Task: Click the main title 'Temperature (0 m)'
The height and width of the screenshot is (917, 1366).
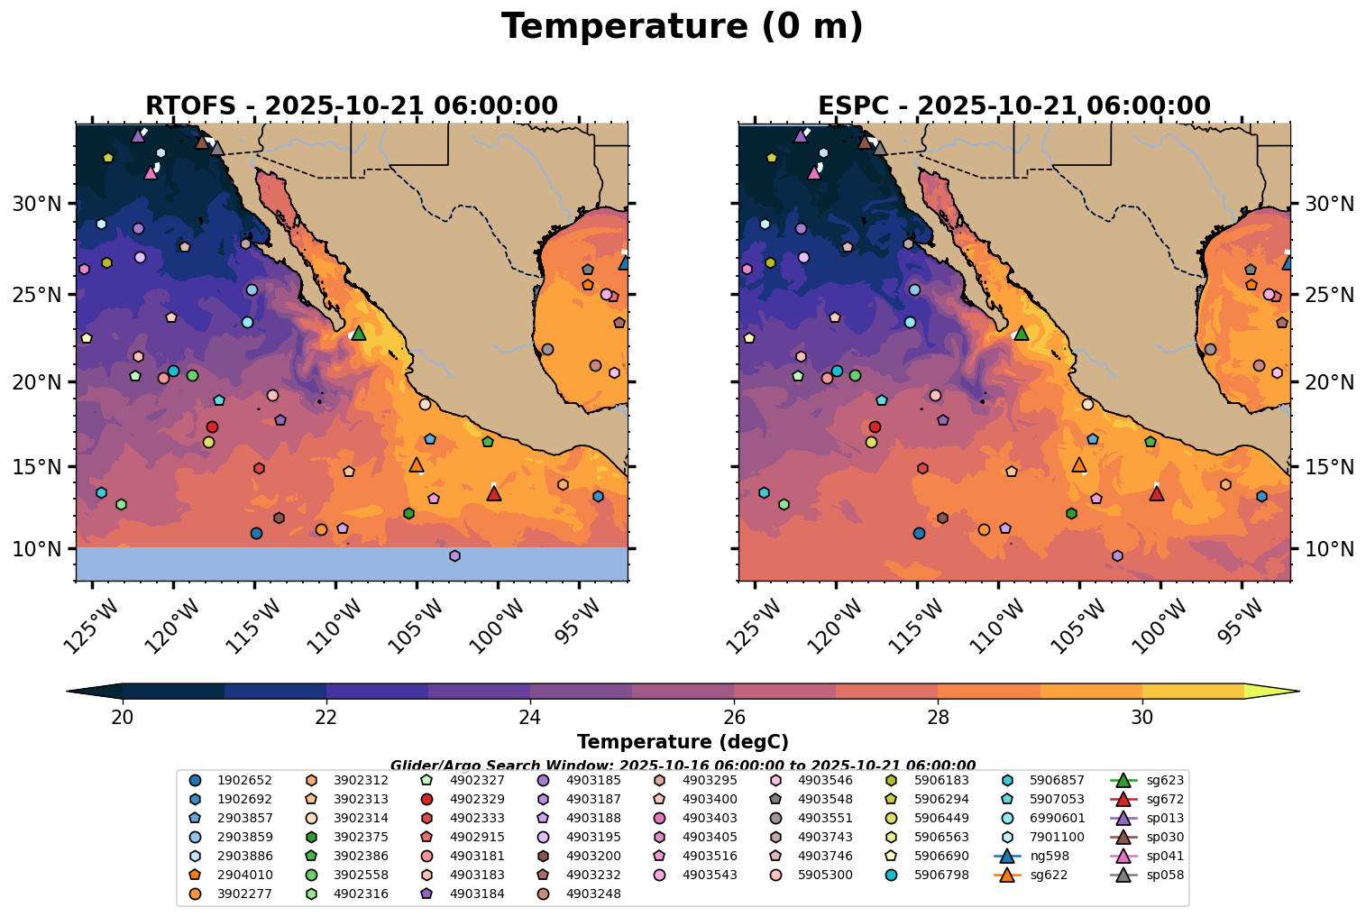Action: pos(682,27)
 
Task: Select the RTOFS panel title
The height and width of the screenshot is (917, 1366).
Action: pos(352,106)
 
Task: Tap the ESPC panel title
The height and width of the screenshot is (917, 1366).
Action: pos(1013,106)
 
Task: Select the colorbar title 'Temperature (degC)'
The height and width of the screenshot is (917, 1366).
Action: pos(683,742)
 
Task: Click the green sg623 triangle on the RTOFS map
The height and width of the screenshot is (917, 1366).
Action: pos(359,333)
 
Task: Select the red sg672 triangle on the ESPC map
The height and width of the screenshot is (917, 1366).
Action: pos(1157,493)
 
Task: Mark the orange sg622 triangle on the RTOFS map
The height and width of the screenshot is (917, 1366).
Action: pos(417,465)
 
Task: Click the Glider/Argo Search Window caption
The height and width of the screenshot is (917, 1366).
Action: pos(683,765)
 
